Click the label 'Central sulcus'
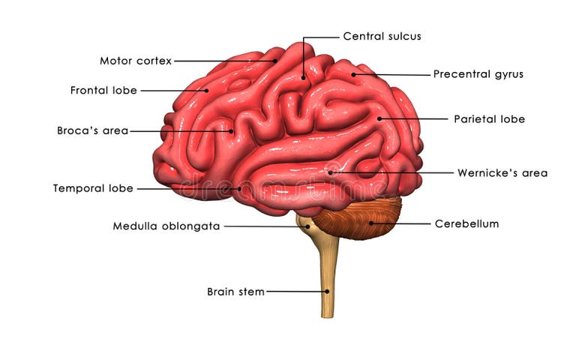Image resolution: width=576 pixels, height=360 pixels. click(382, 36)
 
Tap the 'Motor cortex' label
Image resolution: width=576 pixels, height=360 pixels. click(136, 61)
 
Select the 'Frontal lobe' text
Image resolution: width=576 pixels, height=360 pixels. click(103, 91)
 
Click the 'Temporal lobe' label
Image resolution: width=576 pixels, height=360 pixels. click(93, 188)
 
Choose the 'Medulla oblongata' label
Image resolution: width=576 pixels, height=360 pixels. click(166, 226)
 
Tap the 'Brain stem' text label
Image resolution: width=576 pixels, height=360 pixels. click(235, 292)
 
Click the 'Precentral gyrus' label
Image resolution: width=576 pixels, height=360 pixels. click(478, 74)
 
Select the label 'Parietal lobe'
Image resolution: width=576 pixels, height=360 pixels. click(489, 118)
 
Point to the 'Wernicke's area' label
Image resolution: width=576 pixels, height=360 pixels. click(502, 173)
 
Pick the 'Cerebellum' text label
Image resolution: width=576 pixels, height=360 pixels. click(466, 223)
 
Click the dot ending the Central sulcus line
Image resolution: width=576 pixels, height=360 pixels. click(304, 76)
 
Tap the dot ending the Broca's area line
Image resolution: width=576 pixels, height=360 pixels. click(232, 131)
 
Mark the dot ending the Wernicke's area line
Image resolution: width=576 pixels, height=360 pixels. click(330, 172)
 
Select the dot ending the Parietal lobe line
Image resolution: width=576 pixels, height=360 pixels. click(379, 118)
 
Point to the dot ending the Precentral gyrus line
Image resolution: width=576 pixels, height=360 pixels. click(353, 74)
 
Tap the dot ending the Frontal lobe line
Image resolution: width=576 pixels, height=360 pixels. click(207, 91)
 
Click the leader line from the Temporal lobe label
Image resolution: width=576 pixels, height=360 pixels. click(187, 188)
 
